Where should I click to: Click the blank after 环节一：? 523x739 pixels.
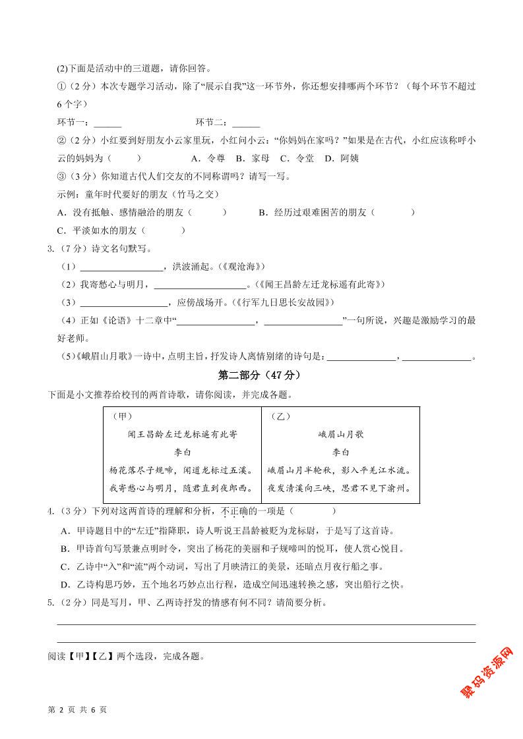108,123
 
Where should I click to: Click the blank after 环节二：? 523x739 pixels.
246,123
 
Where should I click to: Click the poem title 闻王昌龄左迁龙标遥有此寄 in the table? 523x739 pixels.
182,435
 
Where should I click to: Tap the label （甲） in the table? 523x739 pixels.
122,416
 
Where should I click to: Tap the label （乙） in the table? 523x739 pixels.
280,416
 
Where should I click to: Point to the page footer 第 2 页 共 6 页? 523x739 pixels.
78,709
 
